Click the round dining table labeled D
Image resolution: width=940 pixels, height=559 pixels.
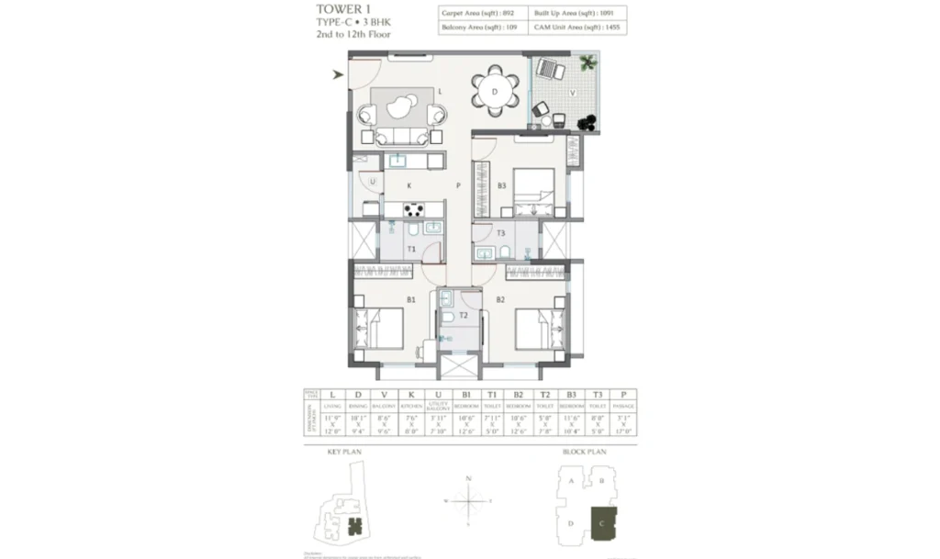click(495, 92)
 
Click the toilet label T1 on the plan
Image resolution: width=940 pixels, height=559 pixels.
click(411, 249)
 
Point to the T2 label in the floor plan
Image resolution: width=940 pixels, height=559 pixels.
click(464, 315)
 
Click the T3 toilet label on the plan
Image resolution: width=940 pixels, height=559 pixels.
click(501, 233)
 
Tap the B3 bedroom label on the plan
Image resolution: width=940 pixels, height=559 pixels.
click(502, 186)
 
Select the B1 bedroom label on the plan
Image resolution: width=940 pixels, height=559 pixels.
click(411, 299)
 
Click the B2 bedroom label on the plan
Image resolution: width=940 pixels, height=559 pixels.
click(501, 299)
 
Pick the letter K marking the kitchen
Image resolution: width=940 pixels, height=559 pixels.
click(408, 186)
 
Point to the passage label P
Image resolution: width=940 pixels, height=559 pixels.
click(456, 186)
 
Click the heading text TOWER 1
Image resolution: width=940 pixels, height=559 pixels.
click(338, 9)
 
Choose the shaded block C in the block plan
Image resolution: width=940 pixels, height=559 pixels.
click(603, 522)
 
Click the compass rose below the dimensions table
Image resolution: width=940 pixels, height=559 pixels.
click(469, 501)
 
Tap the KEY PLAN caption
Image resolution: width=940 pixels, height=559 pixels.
click(347, 453)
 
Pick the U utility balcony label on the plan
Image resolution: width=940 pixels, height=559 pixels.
click(372, 183)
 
